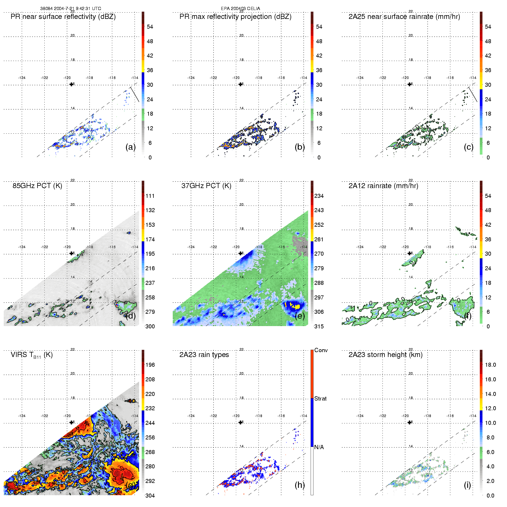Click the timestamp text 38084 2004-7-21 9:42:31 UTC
70,9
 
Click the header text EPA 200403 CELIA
240,9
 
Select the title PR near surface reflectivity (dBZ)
63,17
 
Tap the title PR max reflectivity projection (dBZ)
235,17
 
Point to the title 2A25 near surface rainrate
404,17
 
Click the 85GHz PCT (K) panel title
37,186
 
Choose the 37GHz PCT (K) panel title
206,186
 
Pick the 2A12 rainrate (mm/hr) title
383,186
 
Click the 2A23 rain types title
204,355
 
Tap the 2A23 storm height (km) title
385,355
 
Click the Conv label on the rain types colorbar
321,350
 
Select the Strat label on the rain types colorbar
320,399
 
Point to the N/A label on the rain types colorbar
319,447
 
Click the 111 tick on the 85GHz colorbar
150,196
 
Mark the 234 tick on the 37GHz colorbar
319,196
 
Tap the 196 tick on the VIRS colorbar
150,365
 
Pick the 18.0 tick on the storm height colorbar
490,365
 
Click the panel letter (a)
131,147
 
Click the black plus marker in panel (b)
240,84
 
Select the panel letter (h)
300,485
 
